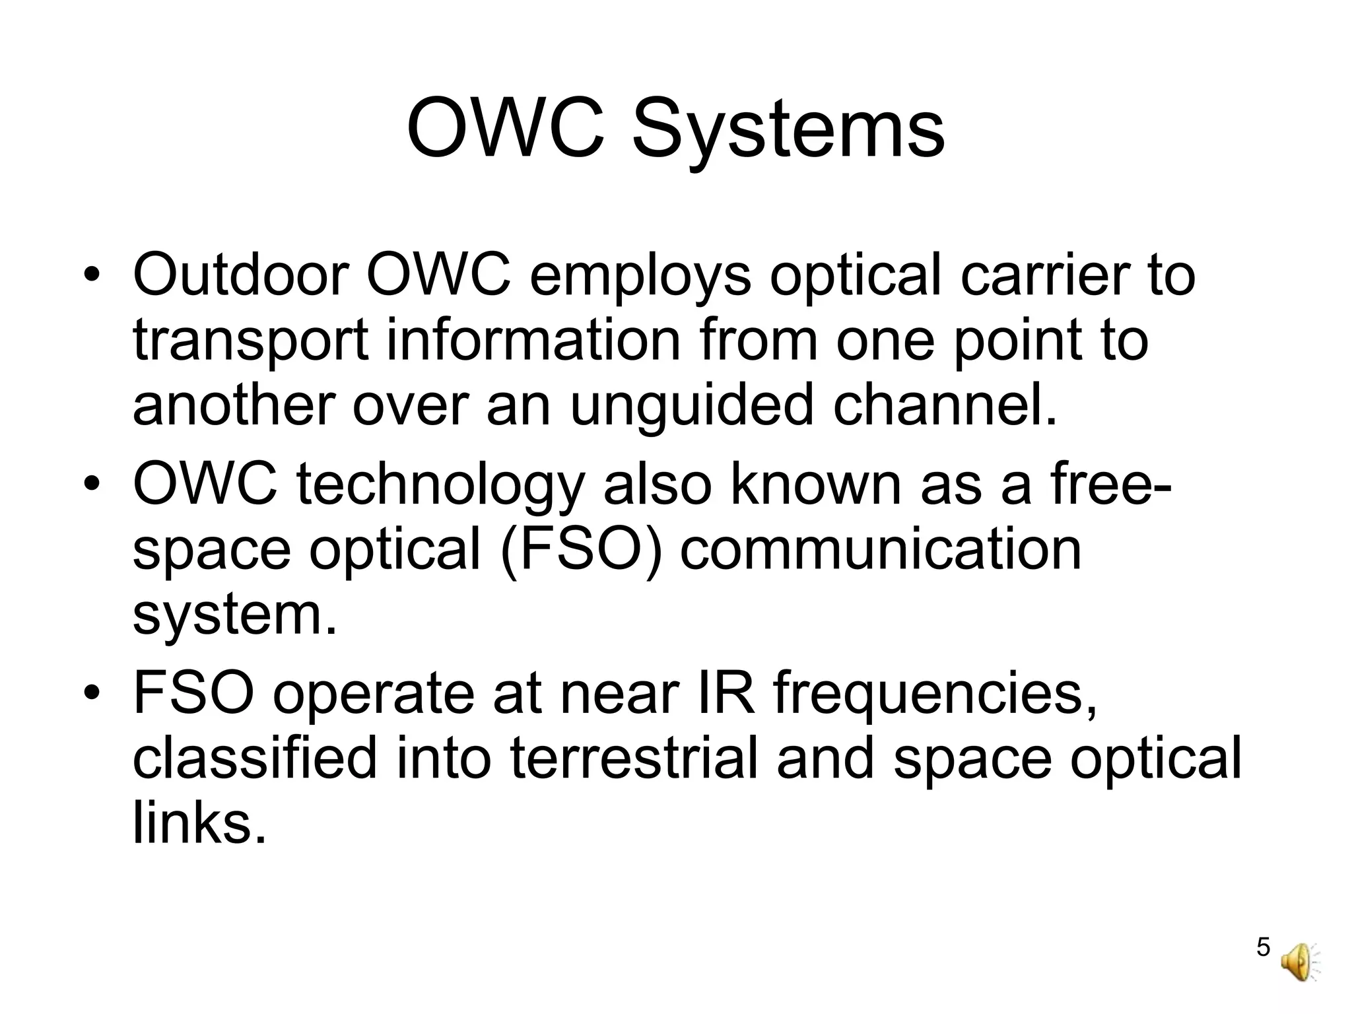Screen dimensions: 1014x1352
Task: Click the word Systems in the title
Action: point(788,129)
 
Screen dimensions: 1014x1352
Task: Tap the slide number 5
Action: point(1263,966)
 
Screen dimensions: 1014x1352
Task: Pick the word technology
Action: point(440,487)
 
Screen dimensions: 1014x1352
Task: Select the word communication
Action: point(881,550)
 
